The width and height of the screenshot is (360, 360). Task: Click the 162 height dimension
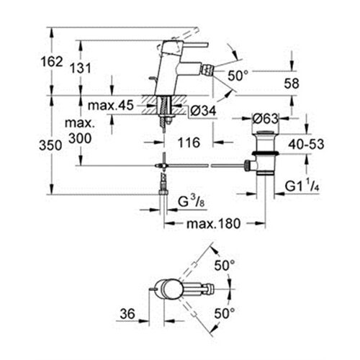tap(52, 62)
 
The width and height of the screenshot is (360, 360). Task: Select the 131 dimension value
tap(81, 68)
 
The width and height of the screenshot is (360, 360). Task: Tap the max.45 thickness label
tap(111, 105)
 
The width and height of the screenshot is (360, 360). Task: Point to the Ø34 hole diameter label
tap(203, 111)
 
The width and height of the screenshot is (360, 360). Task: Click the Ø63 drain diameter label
tap(265, 118)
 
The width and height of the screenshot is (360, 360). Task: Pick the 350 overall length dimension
tap(50, 145)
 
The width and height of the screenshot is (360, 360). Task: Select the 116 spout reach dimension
tap(189, 143)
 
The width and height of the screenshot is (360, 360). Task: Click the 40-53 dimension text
tap(306, 144)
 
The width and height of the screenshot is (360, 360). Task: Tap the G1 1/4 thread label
tap(302, 186)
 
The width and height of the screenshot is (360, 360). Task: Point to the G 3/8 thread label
tap(192, 202)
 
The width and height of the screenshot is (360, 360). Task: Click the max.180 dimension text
tap(213, 224)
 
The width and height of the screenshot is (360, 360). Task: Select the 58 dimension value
tap(292, 84)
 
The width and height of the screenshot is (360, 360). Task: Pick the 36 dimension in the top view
tap(127, 314)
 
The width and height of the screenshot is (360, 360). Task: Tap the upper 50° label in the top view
tap(225, 266)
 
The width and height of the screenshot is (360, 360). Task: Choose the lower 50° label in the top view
tap(225, 313)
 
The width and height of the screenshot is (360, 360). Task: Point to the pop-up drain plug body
tap(265, 153)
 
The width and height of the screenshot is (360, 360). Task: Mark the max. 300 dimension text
tap(80, 131)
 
